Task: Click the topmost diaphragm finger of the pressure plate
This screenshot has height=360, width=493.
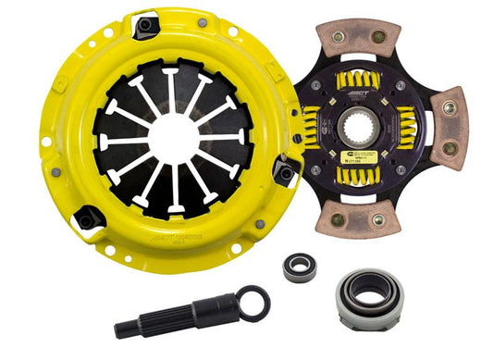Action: tap(171, 88)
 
